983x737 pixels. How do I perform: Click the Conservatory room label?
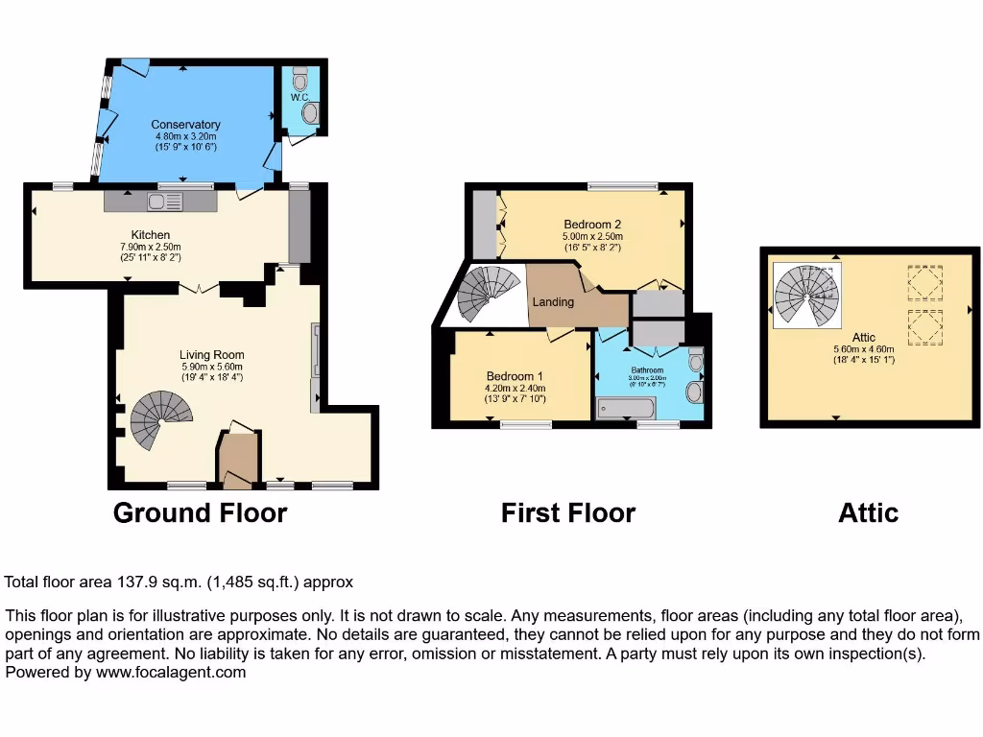185,125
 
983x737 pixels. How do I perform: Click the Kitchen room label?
151,235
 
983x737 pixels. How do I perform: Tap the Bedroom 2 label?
592,225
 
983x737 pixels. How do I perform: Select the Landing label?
553,302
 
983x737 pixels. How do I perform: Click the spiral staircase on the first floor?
486,294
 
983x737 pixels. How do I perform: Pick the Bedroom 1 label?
515,375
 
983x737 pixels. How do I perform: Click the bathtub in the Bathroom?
625,409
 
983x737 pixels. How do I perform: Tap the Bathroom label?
647,370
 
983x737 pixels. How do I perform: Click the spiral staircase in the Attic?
807,294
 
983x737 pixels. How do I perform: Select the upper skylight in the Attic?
923,282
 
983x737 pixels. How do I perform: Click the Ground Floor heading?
200,513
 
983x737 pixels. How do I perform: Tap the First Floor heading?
567,513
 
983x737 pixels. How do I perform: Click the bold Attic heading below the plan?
868,513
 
